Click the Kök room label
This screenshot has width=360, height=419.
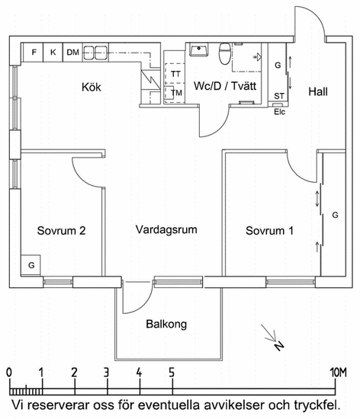pyautogui.click(x=92, y=87)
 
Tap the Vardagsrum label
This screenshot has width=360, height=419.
pyautogui.click(x=166, y=230)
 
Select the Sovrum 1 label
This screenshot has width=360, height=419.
pyautogui.click(x=269, y=231)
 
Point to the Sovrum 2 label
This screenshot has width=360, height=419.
pyautogui.click(x=61, y=231)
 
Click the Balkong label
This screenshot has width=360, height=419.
pyautogui.click(x=166, y=324)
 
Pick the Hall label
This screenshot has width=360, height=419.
pyautogui.click(x=318, y=91)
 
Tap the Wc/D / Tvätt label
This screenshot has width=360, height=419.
pyautogui.click(x=225, y=86)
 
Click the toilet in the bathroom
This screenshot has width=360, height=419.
pyautogui.click(x=225, y=54)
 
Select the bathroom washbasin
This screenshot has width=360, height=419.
pyautogui.click(x=199, y=50)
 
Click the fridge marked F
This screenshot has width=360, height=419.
pyautogui.click(x=34, y=52)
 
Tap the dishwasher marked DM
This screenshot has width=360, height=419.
pyautogui.click(x=72, y=52)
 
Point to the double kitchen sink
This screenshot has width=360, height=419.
pyautogui.click(x=95, y=53)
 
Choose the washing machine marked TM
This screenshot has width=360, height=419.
pyautogui.click(x=175, y=93)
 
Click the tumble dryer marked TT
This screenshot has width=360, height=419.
pyautogui.click(x=175, y=74)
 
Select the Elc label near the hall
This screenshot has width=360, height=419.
pyautogui.click(x=279, y=112)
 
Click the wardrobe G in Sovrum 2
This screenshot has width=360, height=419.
pyautogui.click(x=31, y=265)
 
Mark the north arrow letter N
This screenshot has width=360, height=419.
pyautogui.click(x=279, y=346)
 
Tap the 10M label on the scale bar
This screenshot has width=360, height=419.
pyautogui.click(x=339, y=373)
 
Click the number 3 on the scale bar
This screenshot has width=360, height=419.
pyautogui.click(x=106, y=373)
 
